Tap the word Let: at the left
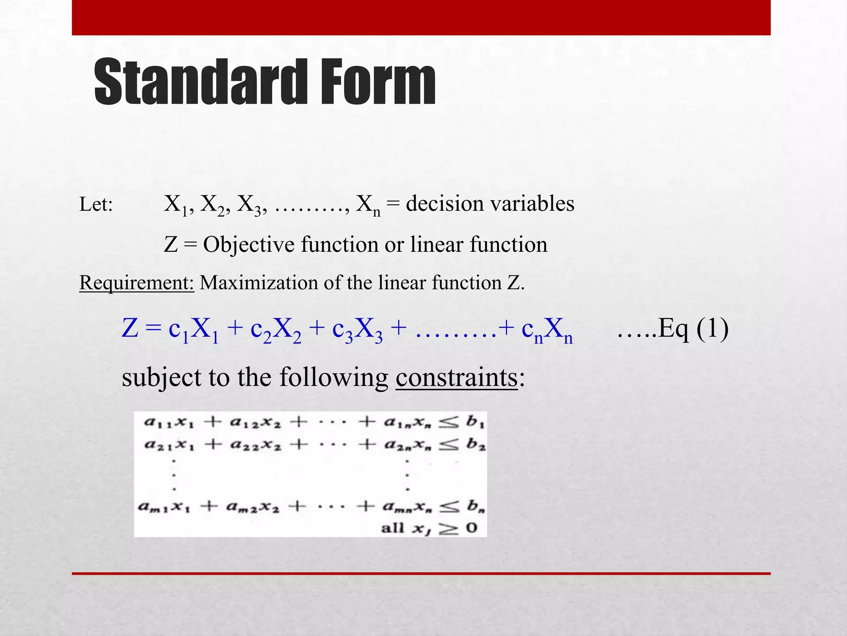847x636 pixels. click(x=96, y=205)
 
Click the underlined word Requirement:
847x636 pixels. click(x=136, y=283)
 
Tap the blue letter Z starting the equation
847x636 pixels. click(x=130, y=329)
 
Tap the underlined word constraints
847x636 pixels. click(x=457, y=378)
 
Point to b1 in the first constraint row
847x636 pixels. click(x=475, y=422)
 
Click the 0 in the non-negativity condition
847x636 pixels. click(x=471, y=528)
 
